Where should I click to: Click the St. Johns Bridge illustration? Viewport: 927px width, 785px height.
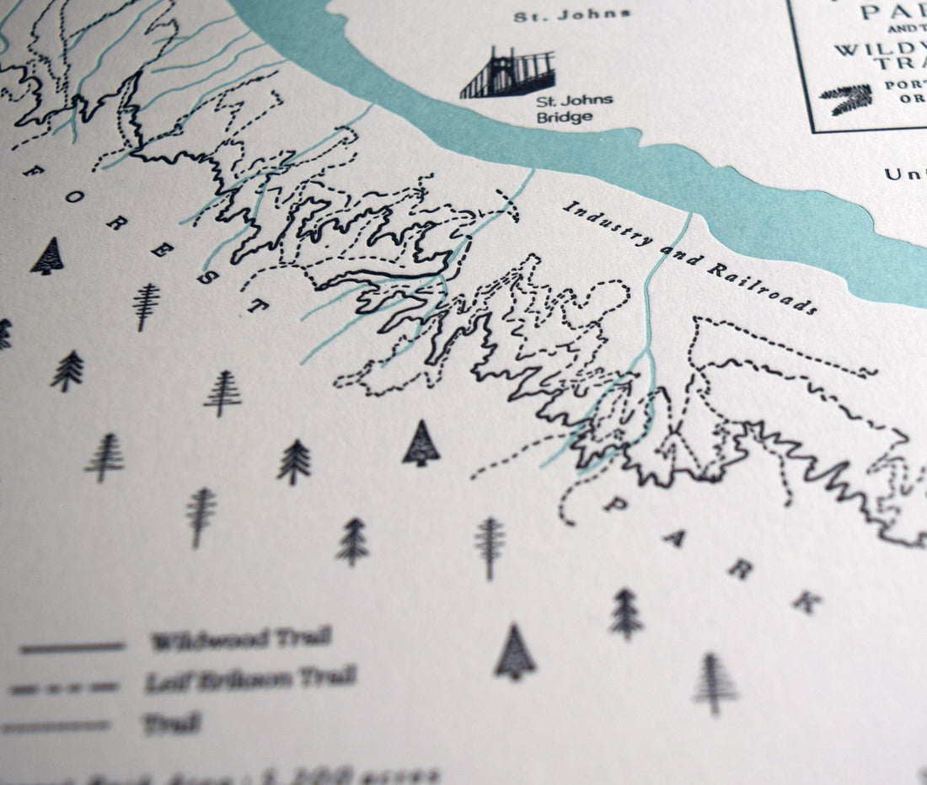507,74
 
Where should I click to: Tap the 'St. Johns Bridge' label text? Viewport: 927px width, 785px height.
574,109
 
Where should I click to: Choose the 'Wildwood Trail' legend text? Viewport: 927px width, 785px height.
240,639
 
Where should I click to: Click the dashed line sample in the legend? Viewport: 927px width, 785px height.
65,688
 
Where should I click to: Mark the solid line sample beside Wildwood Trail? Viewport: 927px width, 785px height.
72,648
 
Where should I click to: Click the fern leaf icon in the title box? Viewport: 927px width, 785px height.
847,99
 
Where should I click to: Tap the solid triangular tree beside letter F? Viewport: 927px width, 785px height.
47,256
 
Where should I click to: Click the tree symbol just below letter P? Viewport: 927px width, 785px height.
626,614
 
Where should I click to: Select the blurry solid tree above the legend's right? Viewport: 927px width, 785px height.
515,653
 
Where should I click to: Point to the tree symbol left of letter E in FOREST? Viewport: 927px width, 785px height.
146,305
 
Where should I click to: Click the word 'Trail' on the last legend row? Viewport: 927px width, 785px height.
172,723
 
